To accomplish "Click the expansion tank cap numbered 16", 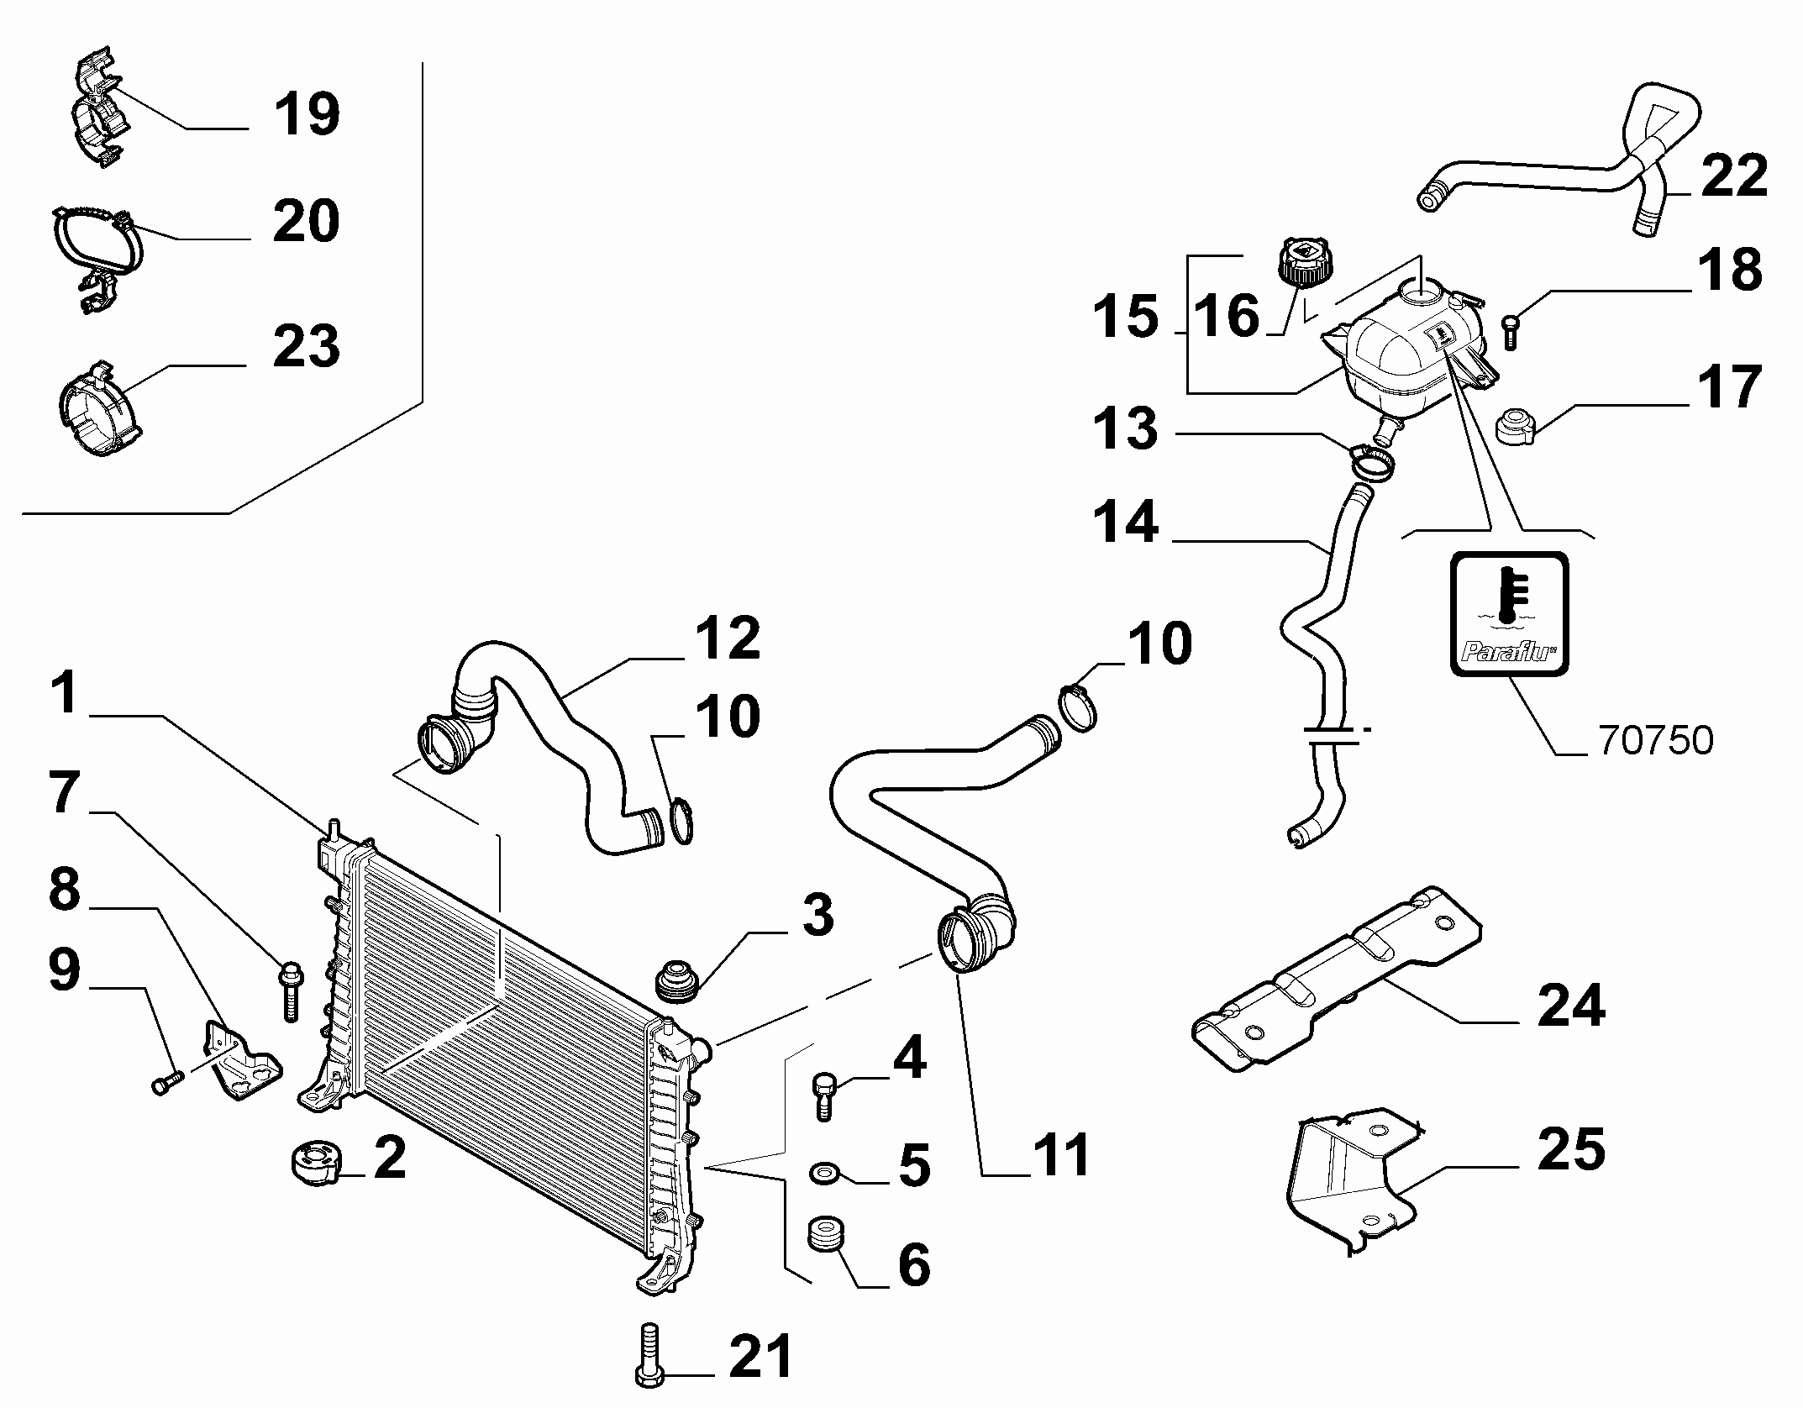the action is [1301, 262].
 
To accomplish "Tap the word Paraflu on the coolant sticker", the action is [1509, 649].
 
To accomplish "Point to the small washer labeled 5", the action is [822, 1170].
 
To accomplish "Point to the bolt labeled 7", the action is [290, 991].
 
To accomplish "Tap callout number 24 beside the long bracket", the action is [1571, 1005].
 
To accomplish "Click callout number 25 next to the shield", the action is [1571, 1148].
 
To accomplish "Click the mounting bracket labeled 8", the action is [239, 1059].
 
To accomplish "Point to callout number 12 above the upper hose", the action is [727, 638].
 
